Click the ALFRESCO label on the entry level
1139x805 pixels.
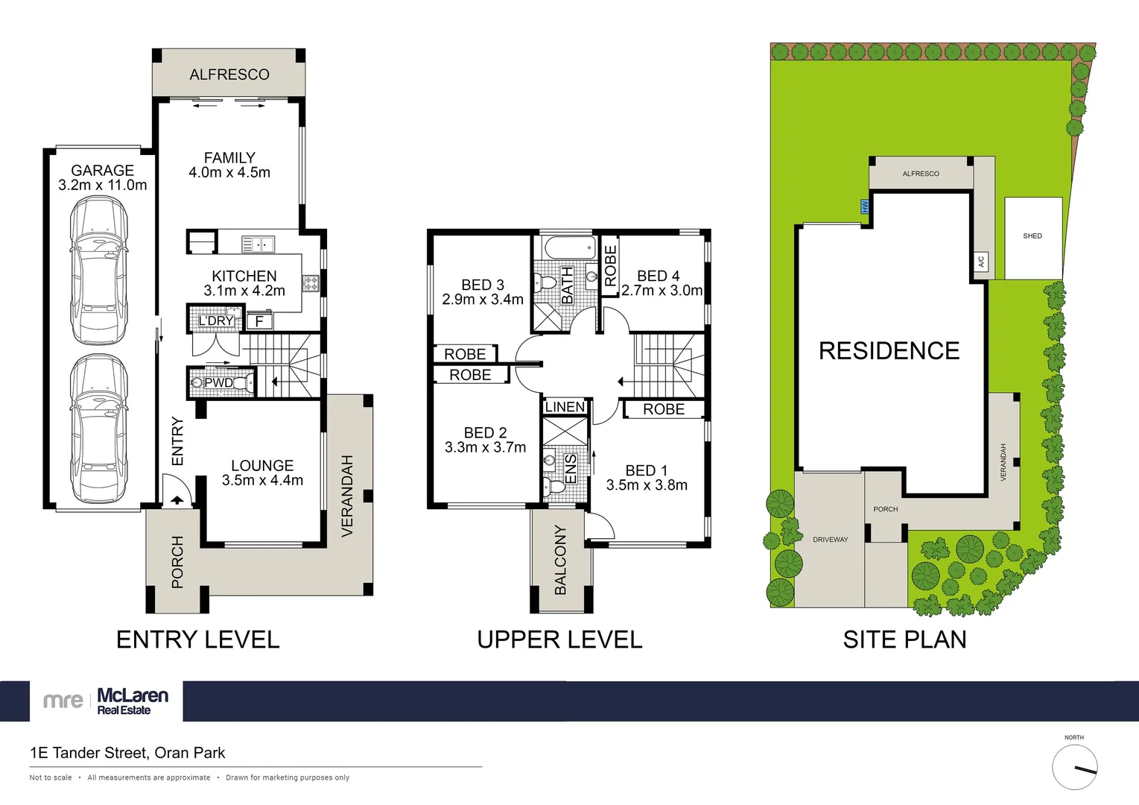point(229,75)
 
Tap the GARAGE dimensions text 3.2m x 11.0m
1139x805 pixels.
point(103,186)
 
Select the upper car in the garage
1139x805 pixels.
point(98,271)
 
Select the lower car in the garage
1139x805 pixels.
point(98,429)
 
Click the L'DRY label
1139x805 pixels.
point(215,321)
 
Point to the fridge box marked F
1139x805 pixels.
point(259,321)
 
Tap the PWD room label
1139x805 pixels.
point(218,383)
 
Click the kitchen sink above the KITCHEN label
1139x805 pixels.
point(258,244)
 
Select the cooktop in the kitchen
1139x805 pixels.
point(311,282)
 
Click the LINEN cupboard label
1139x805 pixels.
point(565,407)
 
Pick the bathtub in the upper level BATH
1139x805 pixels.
point(569,248)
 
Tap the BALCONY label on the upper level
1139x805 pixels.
point(561,560)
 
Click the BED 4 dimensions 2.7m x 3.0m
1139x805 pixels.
point(661,291)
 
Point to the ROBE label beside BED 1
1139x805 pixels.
point(663,409)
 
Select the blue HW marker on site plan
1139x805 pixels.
point(865,206)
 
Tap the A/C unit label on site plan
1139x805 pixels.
point(981,262)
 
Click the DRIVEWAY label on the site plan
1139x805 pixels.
point(830,540)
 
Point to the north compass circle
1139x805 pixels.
point(1074,767)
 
